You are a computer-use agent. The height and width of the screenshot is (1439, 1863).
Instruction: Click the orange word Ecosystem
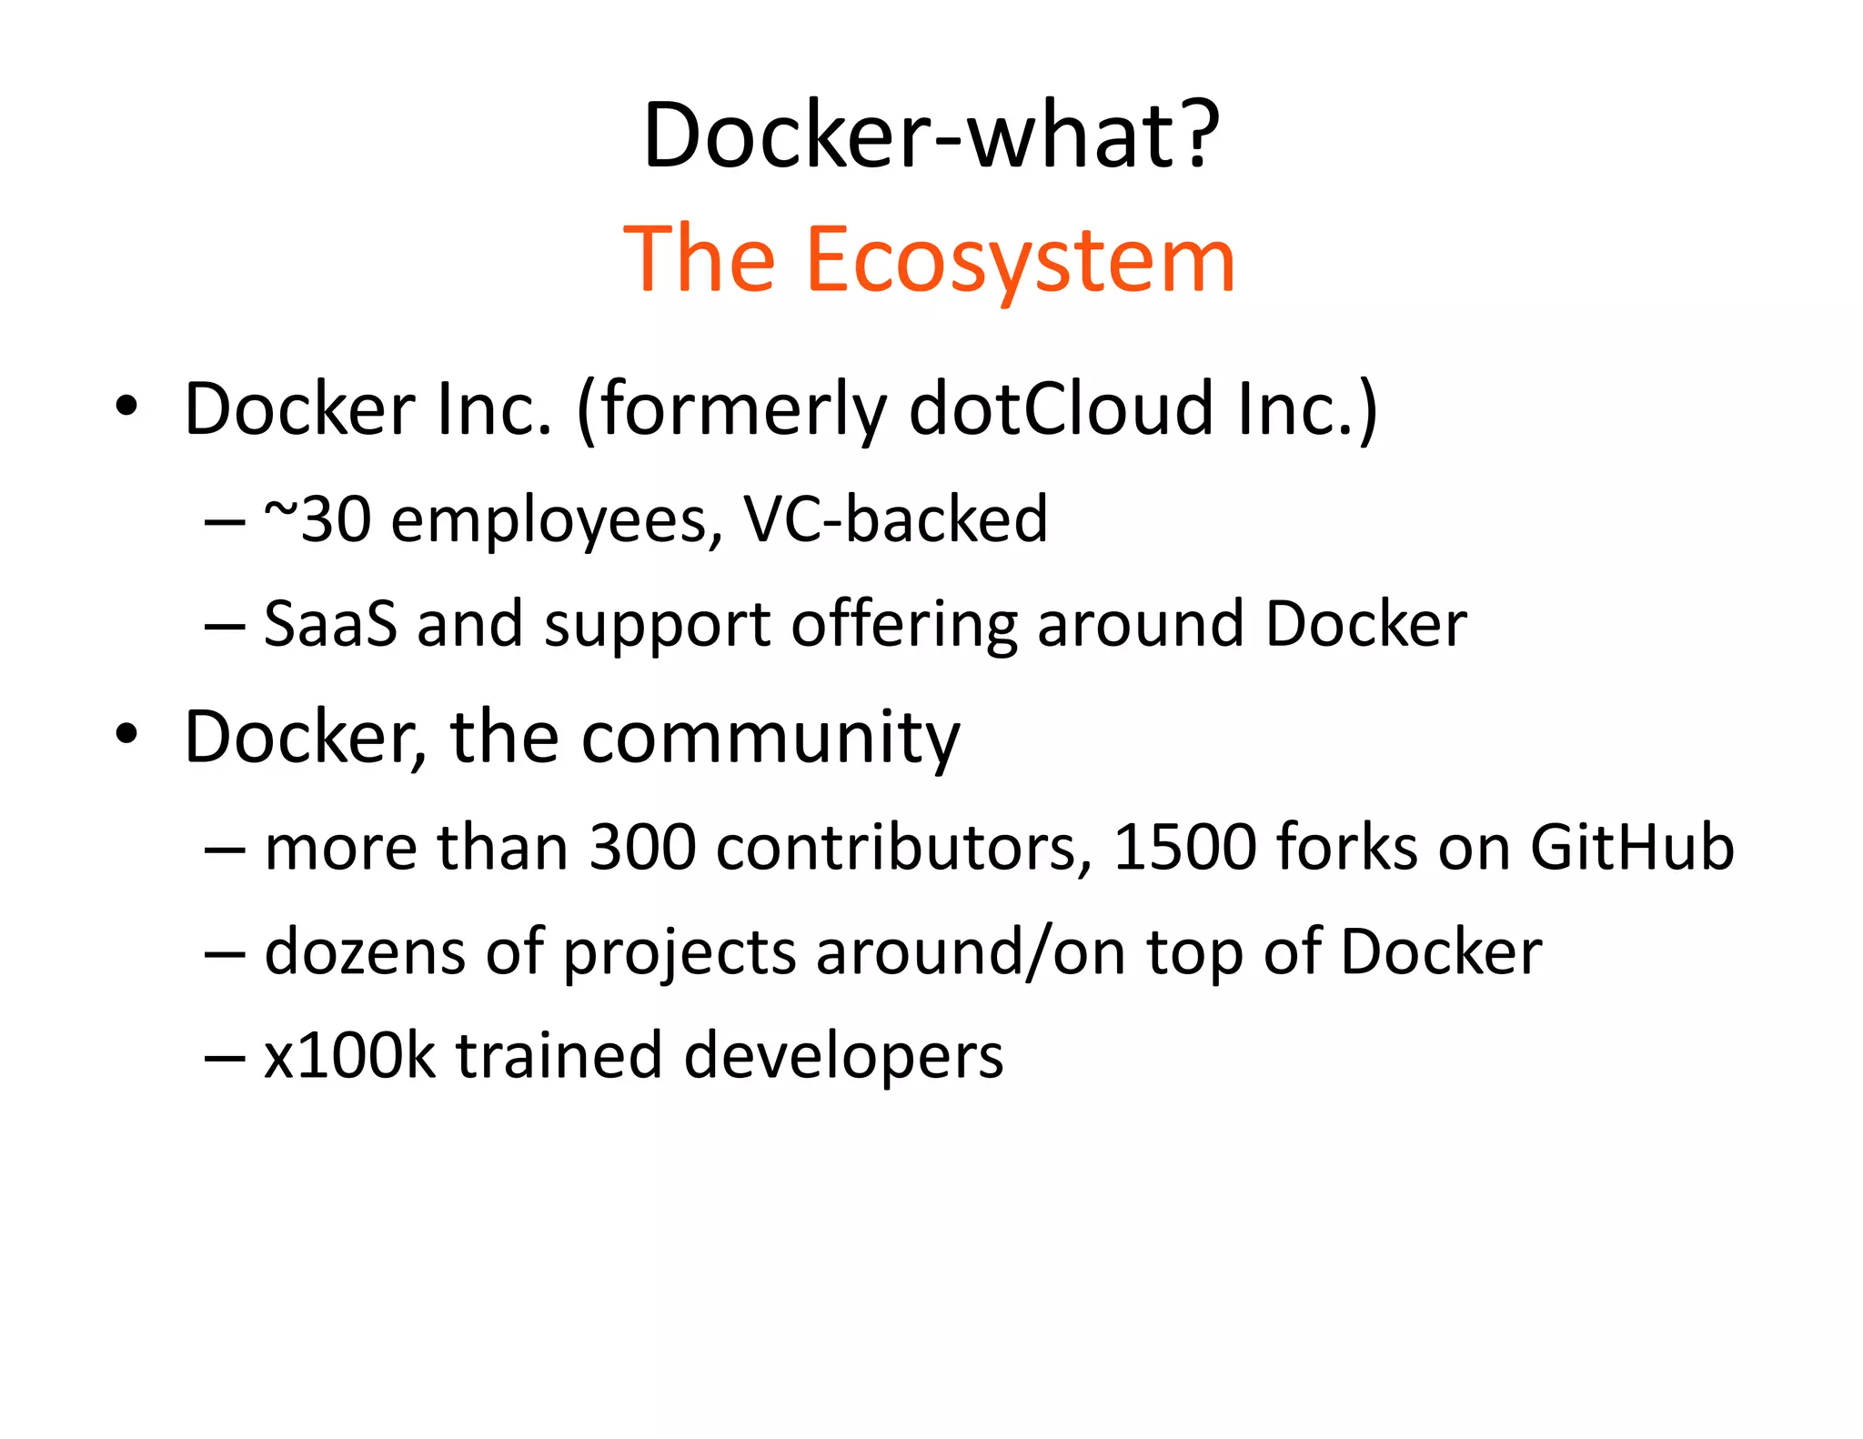(1021, 260)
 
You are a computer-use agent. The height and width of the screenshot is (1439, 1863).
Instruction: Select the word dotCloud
(1061, 408)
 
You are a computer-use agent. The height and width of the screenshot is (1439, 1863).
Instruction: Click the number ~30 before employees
(317, 519)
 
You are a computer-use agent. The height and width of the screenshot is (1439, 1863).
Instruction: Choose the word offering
(903, 626)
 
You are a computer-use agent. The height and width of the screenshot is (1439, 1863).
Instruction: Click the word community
(770, 737)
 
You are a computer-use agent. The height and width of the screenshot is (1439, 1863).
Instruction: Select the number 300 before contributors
(642, 847)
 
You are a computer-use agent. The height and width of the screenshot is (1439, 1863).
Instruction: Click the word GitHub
(1632, 847)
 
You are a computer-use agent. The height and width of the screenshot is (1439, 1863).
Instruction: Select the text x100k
(349, 1056)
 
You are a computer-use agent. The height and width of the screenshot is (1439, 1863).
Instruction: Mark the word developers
(843, 1058)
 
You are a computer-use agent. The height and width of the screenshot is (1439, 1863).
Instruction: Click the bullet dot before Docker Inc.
(127, 406)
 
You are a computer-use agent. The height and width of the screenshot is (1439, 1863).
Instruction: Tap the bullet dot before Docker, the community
(127, 733)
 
